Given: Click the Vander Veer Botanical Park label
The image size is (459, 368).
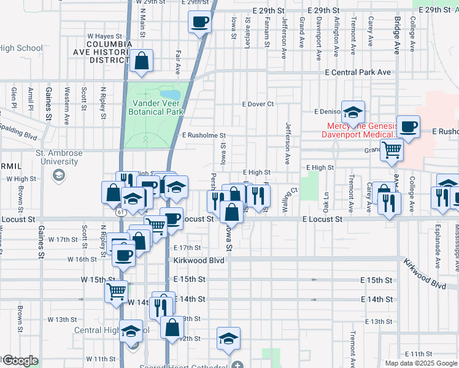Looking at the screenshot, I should click(156, 108).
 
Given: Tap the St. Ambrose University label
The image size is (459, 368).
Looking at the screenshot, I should click(56, 157).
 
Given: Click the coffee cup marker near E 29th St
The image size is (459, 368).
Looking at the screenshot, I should click(200, 23).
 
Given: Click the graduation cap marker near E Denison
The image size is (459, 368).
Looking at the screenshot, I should click(353, 112).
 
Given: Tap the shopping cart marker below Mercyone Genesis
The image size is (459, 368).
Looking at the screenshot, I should click(391, 148).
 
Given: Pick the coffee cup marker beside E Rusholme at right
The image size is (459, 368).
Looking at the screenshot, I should click(409, 127).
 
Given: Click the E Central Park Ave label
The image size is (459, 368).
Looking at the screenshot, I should click(358, 72).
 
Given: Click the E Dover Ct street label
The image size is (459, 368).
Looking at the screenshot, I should click(258, 104).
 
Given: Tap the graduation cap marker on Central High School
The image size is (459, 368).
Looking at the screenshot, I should click(131, 332).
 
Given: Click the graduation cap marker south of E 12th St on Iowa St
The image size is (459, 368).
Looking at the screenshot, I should click(228, 339).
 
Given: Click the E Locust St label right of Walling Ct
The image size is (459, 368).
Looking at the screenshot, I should click(322, 219).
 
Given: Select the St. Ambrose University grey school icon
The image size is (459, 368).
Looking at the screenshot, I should click(58, 176).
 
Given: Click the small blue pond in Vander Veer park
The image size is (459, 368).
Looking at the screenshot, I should click(174, 95).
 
